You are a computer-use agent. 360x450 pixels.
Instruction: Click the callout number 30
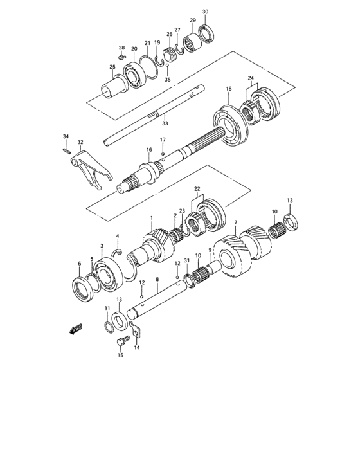205,12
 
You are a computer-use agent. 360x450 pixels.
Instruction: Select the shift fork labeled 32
89,166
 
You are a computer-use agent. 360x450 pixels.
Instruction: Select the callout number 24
251,79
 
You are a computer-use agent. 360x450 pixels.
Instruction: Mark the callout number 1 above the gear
151,219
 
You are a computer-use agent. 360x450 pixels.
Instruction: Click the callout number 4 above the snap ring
118,235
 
